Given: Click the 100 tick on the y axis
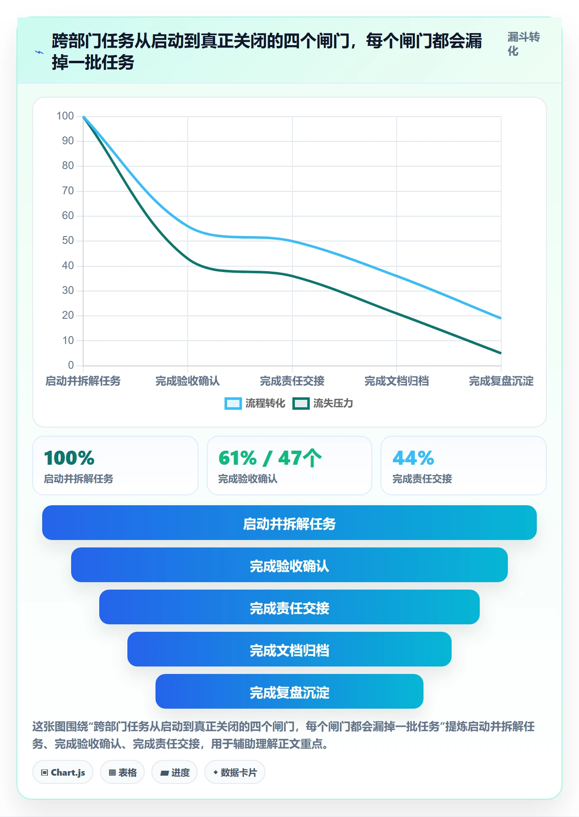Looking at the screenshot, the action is click(65, 116).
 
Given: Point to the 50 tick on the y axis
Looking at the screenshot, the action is click(68, 241).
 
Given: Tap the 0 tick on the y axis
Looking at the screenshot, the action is click(71, 365).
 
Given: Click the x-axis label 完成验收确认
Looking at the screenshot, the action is click(187, 381).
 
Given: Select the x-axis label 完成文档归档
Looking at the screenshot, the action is click(397, 381).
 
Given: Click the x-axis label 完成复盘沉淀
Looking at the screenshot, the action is click(501, 381).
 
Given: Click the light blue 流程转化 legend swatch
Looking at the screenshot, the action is click(233, 404).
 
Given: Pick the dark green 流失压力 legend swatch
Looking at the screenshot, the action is click(301, 404).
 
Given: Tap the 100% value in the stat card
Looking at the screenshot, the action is click(69, 458).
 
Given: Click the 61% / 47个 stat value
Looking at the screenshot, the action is click(270, 458).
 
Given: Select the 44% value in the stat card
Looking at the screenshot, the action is click(413, 458).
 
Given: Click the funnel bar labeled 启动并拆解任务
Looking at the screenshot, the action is click(289, 523).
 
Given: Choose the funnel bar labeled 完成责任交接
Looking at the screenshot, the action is click(289, 607).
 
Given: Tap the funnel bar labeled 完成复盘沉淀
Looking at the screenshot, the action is click(289, 691).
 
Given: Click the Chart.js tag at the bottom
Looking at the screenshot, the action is click(63, 772).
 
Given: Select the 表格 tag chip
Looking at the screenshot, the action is click(122, 772).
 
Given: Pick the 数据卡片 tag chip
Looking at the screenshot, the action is click(235, 772).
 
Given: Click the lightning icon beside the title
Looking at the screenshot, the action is click(39, 53).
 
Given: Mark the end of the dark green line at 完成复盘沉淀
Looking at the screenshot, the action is click(501, 353).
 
